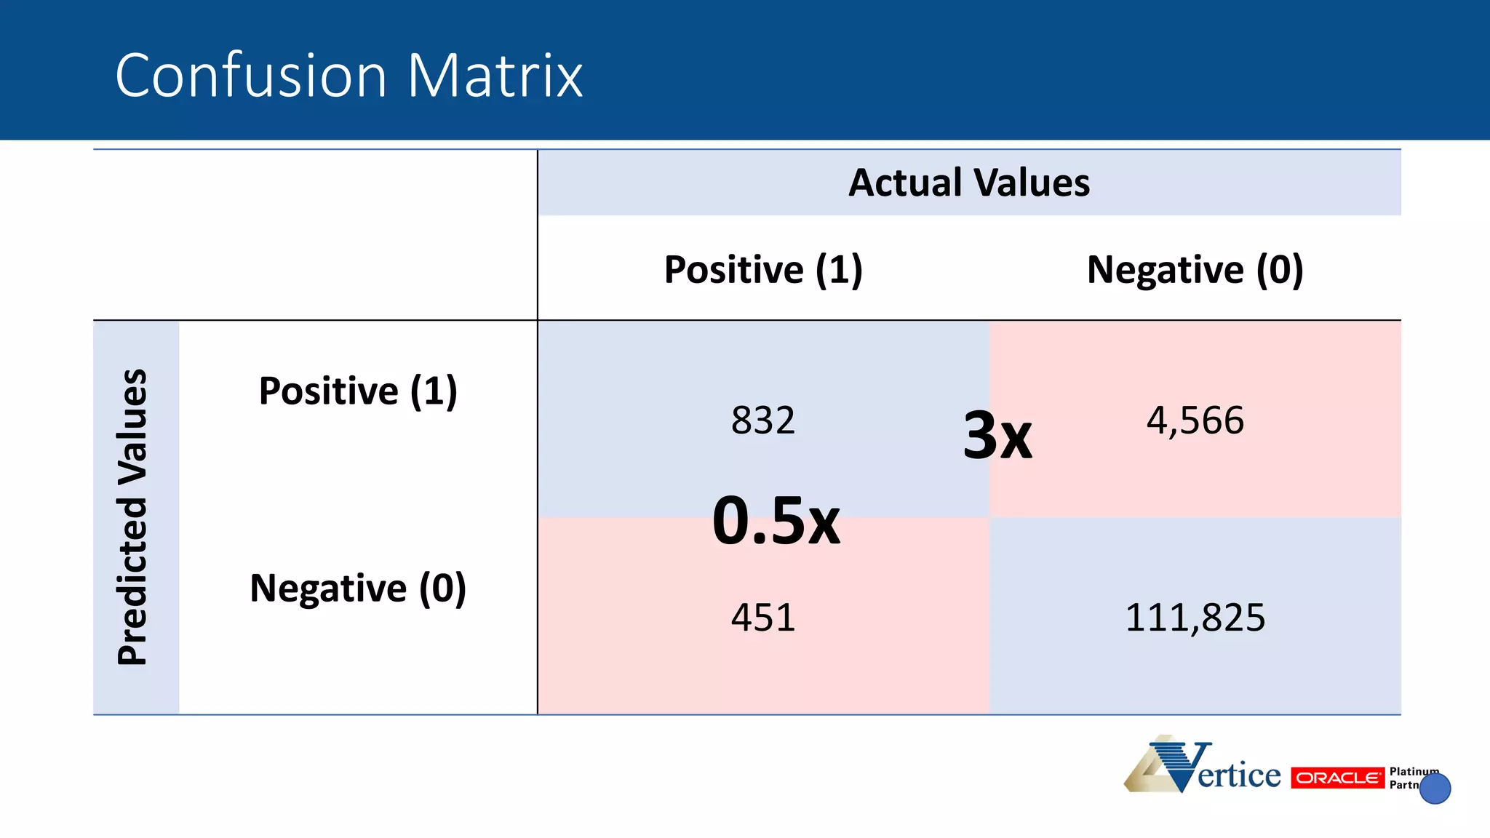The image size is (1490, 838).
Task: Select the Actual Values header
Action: click(969, 183)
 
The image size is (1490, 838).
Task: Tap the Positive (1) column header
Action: click(762, 270)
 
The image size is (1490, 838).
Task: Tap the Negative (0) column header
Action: click(1195, 270)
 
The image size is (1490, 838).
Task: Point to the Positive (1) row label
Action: click(358, 391)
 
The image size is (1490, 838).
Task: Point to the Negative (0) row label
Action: click(358, 588)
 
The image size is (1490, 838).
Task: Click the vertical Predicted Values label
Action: click(133, 517)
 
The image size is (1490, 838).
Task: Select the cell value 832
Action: click(762, 420)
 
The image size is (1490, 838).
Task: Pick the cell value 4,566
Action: click(1195, 420)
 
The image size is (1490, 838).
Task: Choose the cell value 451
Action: click(762, 618)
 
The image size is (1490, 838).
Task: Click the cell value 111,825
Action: click(1195, 618)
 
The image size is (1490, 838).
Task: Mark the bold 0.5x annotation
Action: click(776, 520)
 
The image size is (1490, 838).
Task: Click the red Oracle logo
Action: click(1337, 778)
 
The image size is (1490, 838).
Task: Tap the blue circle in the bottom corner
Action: click(1435, 789)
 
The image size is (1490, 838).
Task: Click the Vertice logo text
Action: click(1238, 775)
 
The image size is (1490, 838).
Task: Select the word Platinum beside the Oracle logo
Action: click(1413, 771)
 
